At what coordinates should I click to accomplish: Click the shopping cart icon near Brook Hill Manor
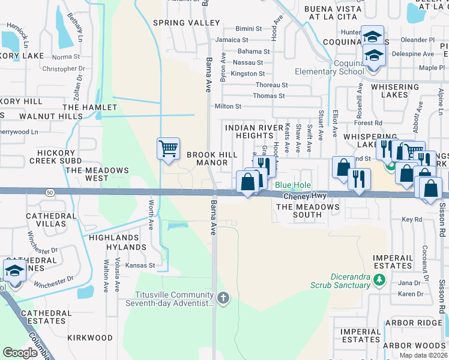168,148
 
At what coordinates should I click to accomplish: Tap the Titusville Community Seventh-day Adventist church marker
223,298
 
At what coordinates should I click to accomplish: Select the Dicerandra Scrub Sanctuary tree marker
379,280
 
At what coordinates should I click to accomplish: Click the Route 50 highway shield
50,191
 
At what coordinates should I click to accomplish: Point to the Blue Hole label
293,186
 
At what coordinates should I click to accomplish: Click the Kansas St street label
139,265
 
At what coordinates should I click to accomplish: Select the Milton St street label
228,106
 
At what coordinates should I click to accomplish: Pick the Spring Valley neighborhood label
187,23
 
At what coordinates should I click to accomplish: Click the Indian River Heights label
254,132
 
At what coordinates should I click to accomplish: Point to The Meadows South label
307,211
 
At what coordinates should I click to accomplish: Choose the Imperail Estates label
393,262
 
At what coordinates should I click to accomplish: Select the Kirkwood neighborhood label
90,338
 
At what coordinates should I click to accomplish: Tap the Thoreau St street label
272,85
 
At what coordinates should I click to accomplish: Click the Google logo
20,353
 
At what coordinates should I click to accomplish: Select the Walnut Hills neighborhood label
50,116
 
